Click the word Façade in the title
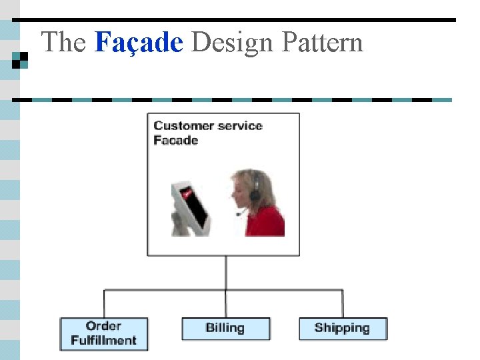(139, 43)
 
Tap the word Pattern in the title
(322, 43)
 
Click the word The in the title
(64, 43)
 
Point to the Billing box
(226, 328)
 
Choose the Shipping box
(343, 328)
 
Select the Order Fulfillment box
(104, 333)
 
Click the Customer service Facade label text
(207, 133)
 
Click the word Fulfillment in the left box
(104, 340)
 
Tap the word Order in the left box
(103, 326)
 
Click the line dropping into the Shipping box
(343, 303)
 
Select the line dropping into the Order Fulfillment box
(104, 303)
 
